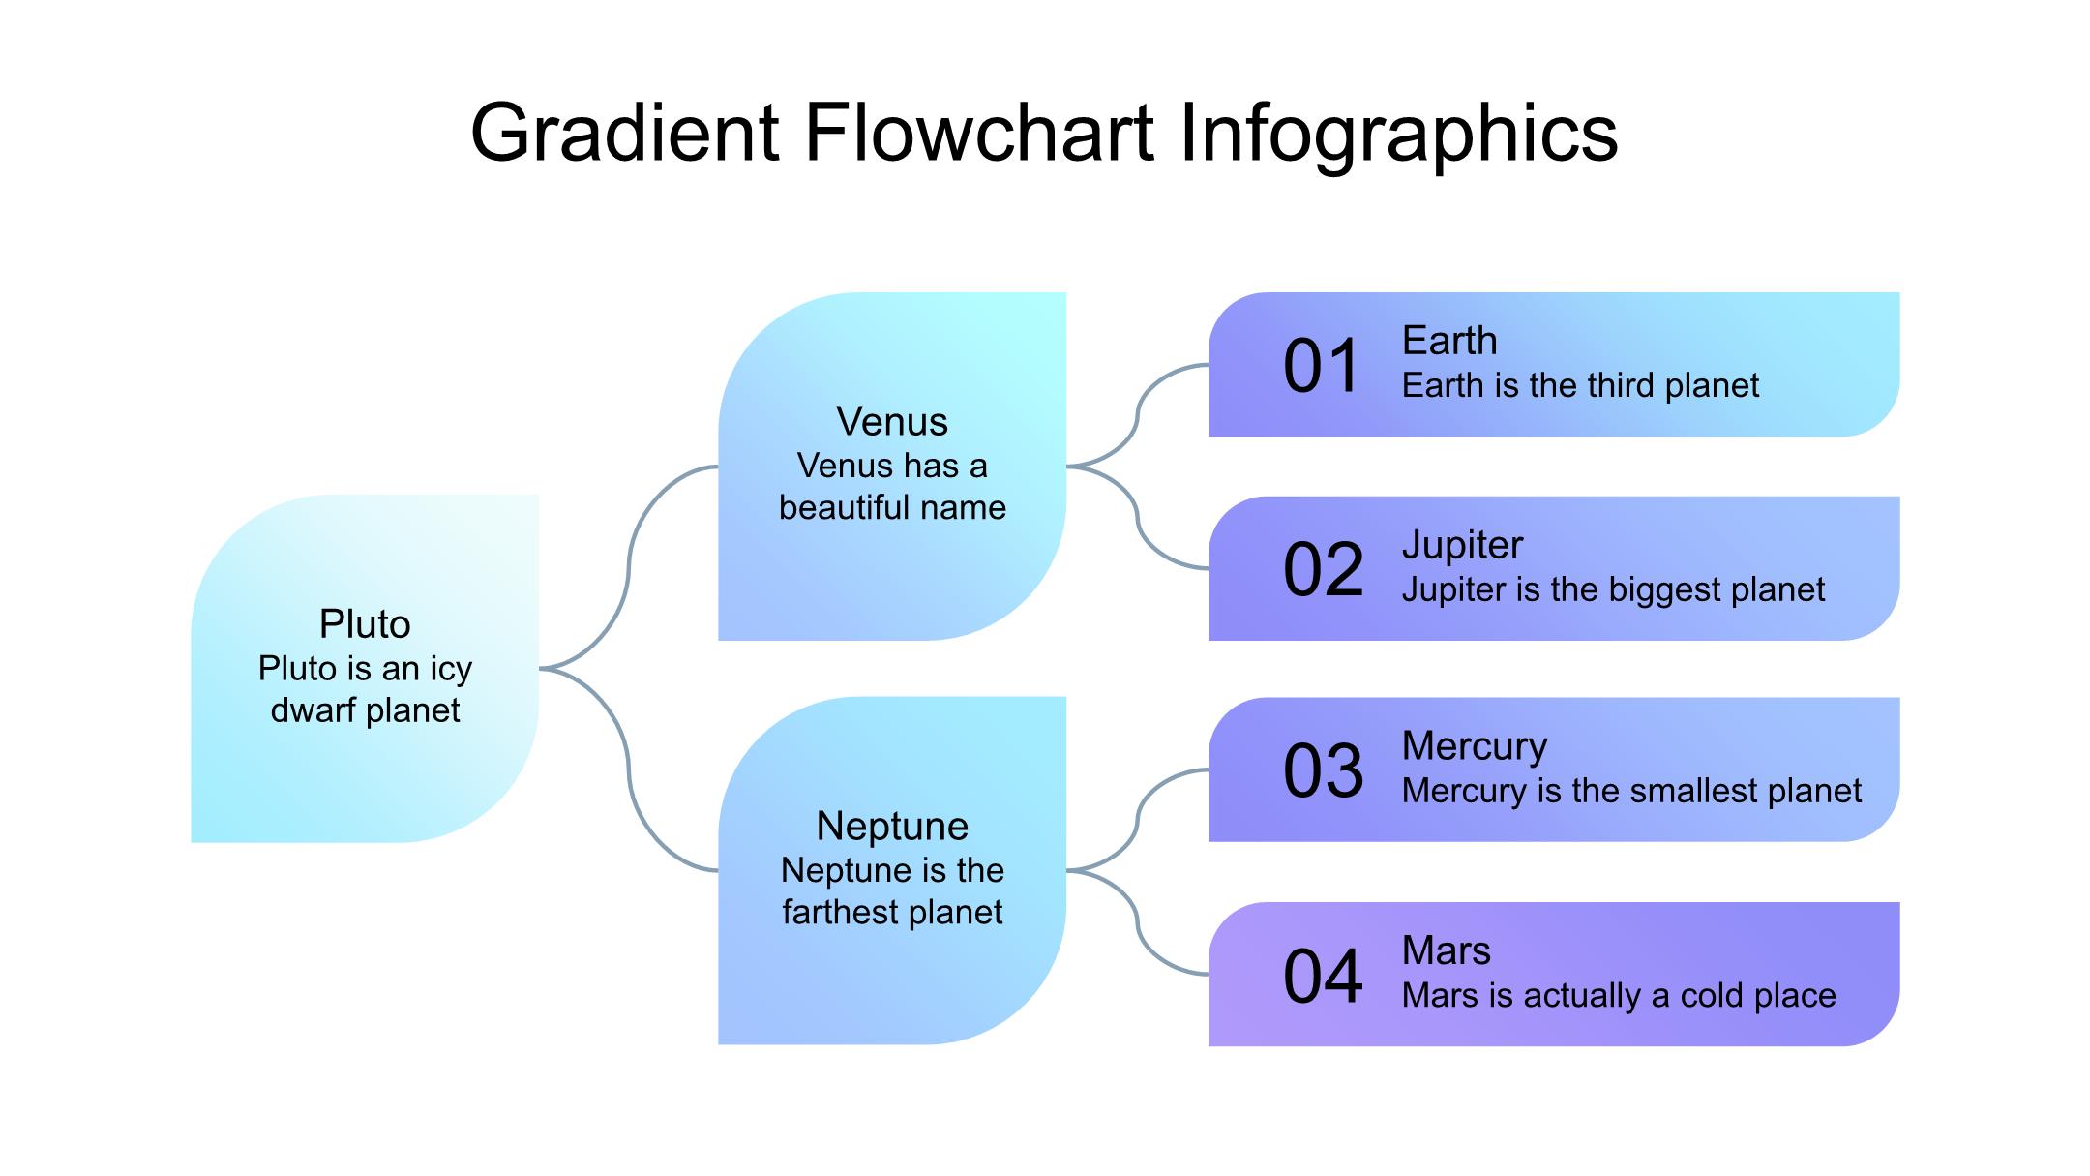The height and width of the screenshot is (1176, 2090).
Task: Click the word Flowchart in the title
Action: tap(978, 132)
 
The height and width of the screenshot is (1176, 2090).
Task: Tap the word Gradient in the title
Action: tap(624, 132)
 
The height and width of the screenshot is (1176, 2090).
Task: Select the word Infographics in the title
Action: tap(1398, 134)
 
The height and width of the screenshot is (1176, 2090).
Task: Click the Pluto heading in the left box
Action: tap(365, 624)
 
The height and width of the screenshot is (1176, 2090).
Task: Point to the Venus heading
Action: tap(892, 422)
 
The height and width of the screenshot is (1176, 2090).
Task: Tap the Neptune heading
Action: tap(892, 827)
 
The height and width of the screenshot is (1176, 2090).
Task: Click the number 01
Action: tap(1322, 367)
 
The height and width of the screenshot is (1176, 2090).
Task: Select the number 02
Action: tap(1322, 570)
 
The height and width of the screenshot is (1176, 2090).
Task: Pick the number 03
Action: tap(1322, 771)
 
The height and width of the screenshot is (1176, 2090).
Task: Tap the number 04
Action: tap(1322, 976)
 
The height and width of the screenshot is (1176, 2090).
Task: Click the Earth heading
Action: tap(1449, 341)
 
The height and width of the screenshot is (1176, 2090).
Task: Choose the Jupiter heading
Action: tap(1462, 545)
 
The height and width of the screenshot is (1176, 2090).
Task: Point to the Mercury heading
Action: tap(1475, 746)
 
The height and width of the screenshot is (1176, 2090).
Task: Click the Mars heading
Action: tap(1446, 950)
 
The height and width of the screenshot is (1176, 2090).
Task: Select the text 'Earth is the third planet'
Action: tap(1580, 385)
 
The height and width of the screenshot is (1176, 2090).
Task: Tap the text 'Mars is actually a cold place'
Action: tap(1619, 995)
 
